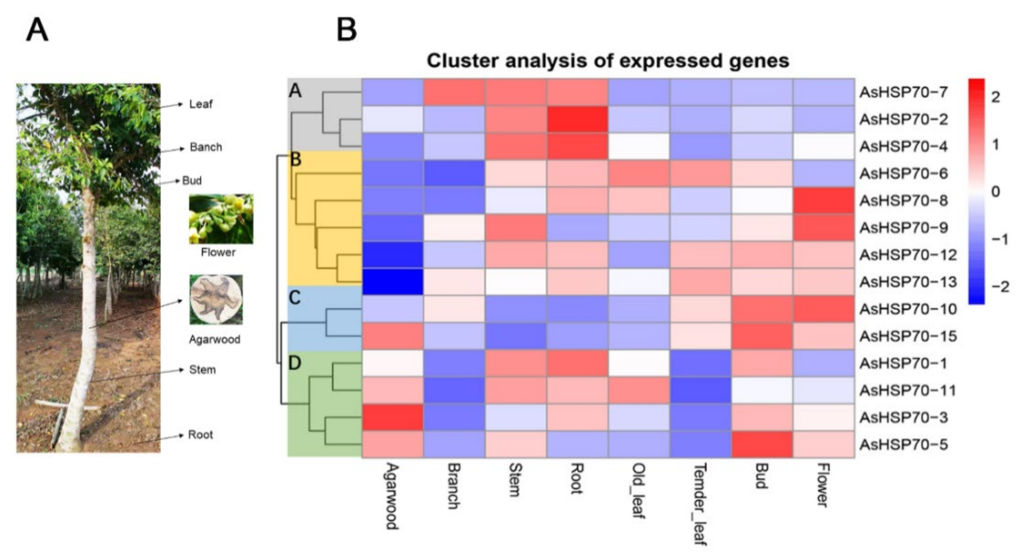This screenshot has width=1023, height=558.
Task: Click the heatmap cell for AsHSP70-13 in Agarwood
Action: tap(392, 282)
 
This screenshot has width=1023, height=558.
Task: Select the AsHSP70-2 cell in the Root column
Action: tap(577, 119)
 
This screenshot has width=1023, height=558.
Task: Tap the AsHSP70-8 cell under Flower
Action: tap(823, 201)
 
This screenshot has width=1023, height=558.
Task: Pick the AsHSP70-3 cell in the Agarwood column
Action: tap(392, 418)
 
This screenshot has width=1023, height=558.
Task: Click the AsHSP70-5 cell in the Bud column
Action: tap(762, 444)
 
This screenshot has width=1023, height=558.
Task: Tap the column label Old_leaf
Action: tap(638, 490)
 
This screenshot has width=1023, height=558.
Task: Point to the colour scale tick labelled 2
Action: tap(995, 97)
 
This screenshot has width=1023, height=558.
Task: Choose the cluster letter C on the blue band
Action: tap(295, 298)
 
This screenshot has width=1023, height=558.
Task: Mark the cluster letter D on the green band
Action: tap(295, 363)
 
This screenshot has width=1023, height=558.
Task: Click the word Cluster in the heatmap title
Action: tap(463, 61)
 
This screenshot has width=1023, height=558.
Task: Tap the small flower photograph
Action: tap(221, 219)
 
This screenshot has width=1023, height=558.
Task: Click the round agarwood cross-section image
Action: tap(216, 300)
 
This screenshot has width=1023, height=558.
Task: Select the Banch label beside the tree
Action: tap(206, 147)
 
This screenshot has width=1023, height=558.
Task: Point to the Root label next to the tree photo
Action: tap(200, 435)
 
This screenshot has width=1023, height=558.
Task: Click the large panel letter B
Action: tap(346, 30)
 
